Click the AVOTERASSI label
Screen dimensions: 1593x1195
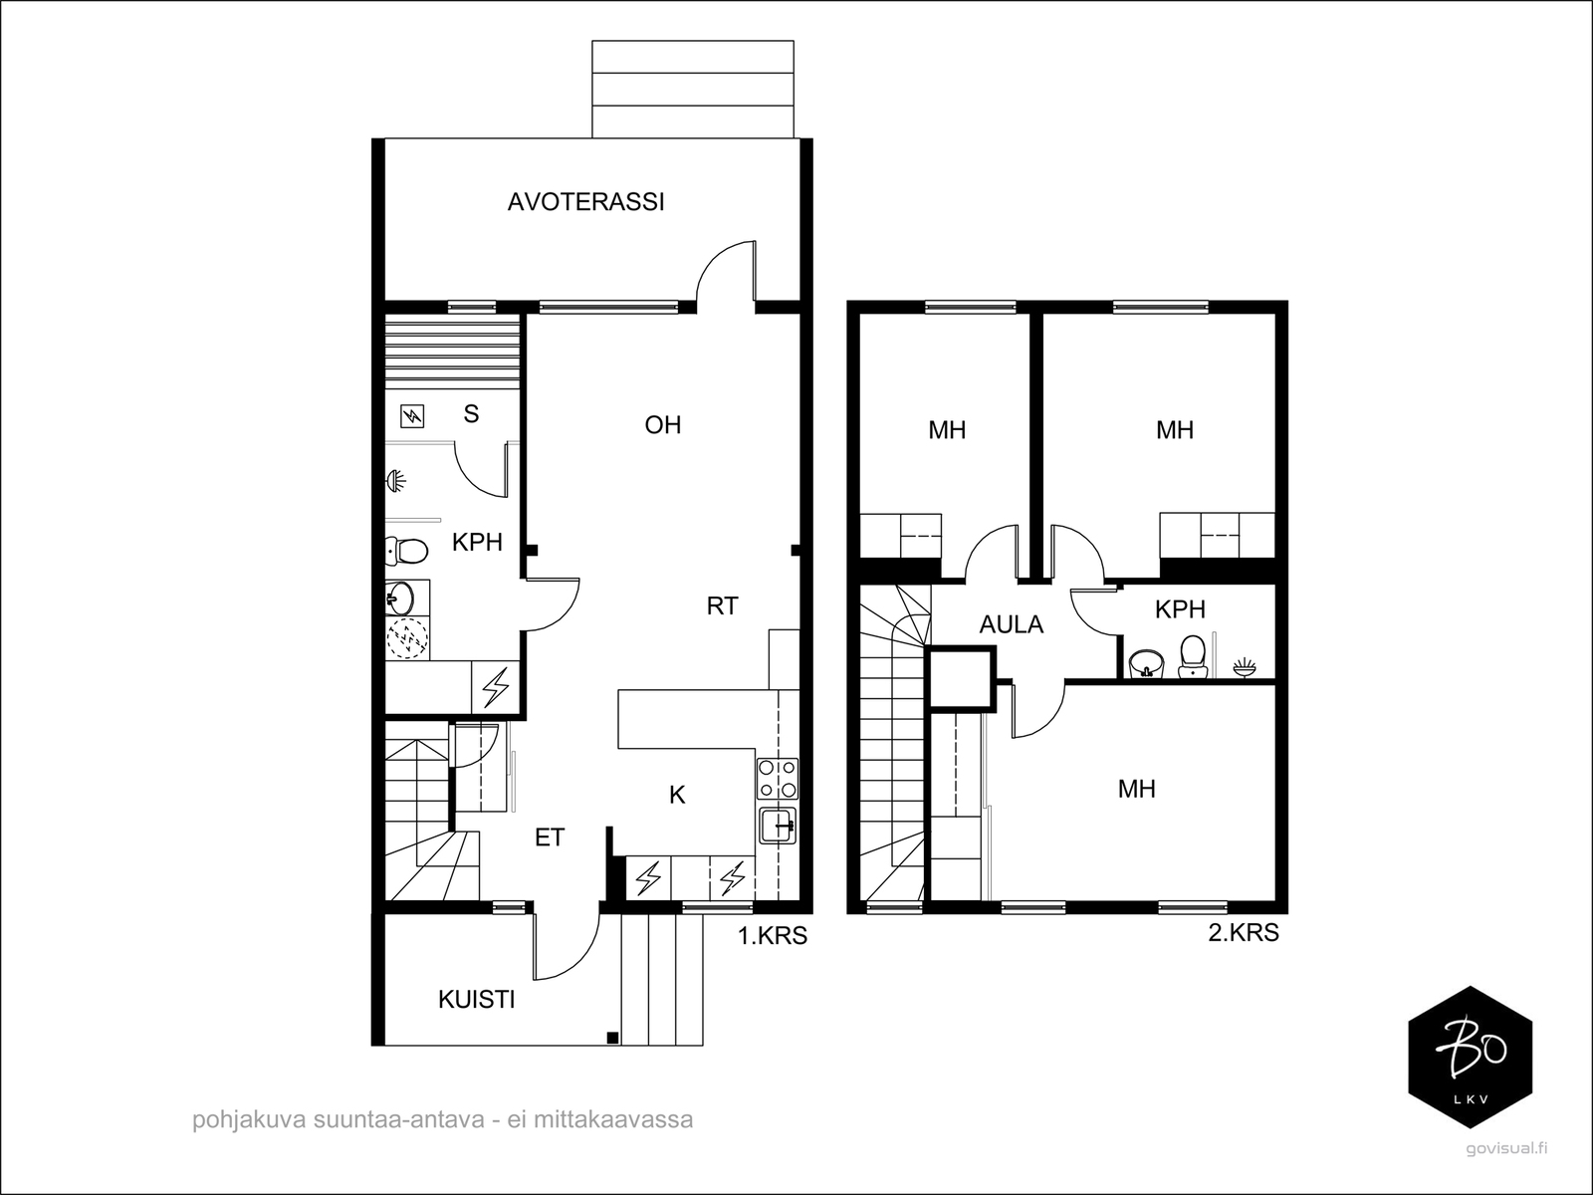(585, 202)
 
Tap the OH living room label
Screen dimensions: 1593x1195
(663, 425)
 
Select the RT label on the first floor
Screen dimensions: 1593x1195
(722, 605)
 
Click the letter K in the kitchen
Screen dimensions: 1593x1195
(677, 796)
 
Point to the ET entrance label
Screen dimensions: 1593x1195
(550, 838)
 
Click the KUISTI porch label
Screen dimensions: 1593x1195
(477, 1000)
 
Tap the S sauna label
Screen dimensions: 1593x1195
(471, 413)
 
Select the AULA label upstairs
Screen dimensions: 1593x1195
(1011, 624)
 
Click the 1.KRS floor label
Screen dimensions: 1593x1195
(773, 936)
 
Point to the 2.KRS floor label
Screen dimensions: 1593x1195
(1244, 932)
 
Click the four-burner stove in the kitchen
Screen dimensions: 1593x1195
(778, 779)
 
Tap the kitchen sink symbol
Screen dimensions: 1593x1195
(778, 826)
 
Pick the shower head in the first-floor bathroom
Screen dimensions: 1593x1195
(395, 480)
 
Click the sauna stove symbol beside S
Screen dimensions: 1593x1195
(412, 416)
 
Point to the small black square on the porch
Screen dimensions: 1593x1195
(612, 1038)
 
